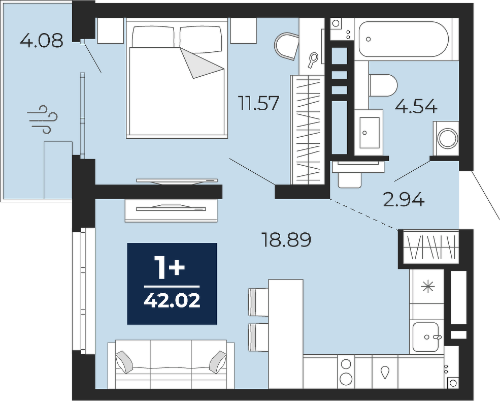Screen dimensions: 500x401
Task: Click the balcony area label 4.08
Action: click(42, 41)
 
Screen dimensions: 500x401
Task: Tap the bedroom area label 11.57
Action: click(259, 103)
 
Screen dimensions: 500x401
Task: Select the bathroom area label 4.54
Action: click(416, 107)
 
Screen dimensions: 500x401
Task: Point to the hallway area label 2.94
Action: click(404, 200)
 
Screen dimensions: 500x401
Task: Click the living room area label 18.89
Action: click(286, 240)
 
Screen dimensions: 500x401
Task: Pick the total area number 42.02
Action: click(172, 300)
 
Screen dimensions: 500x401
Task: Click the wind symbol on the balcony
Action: click(43, 119)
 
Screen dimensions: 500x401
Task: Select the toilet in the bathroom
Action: click(383, 85)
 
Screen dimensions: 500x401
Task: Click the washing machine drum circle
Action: click(448, 138)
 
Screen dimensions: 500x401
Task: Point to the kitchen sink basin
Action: click(425, 337)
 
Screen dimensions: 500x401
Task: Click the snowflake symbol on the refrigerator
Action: click(427, 288)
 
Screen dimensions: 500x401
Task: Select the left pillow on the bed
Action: click(154, 37)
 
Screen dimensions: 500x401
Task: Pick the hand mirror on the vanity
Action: click(313, 60)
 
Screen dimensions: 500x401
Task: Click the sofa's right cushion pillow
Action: click(218, 362)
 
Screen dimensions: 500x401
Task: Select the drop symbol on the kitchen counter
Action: click(385, 372)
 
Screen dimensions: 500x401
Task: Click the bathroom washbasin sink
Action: click(369, 133)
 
